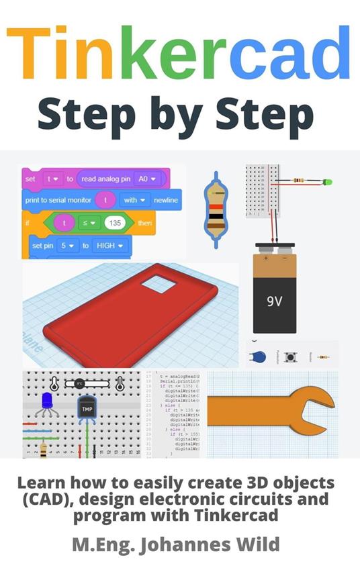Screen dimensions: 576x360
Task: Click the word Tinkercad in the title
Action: click(x=179, y=52)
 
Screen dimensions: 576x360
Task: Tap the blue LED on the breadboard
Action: click(x=47, y=401)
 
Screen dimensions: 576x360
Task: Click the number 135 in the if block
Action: click(x=115, y=222)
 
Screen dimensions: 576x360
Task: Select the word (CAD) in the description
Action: click(x=49, y=499)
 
